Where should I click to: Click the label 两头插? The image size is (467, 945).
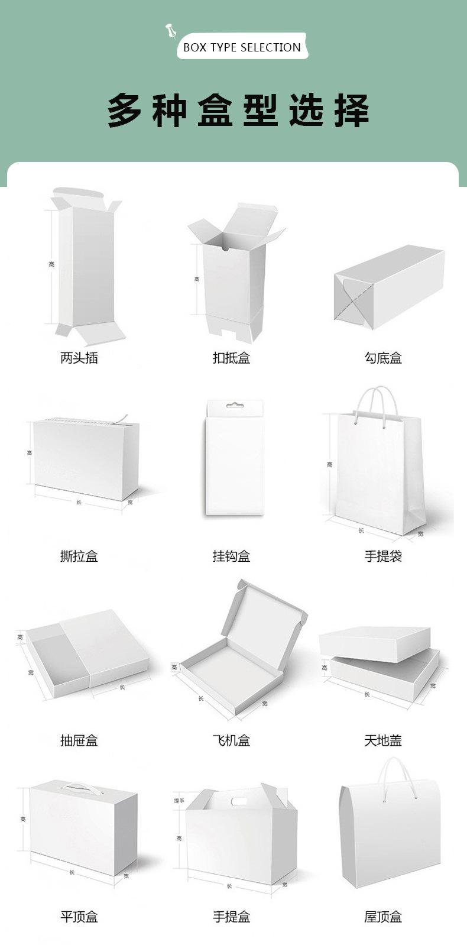(x=79, y=358)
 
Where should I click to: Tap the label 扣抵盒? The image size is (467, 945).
(x=231, y=358)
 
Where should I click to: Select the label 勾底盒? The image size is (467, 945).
(x=383, y=358)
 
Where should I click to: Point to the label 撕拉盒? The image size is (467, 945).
(x=79, y=556)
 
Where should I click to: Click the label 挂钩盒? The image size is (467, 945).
(x=231, y=556)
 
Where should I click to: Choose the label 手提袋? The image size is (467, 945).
(x=383, y=556)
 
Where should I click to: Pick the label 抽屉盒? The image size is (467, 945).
(x=79, y=740)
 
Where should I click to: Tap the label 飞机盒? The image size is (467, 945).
(x=231, y=740)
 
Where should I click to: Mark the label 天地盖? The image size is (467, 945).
(x=383, y=740)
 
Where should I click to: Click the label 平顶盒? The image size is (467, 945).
(x=79, y=917)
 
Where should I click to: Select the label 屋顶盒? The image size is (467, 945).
(x=383, y=917)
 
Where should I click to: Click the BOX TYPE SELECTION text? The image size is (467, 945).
(x=242, y=47)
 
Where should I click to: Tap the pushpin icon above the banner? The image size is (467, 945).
(x=171, y=31)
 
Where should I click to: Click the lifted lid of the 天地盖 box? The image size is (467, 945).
(x=374, y=643)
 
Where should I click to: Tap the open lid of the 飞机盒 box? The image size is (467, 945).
(x=264, y=615)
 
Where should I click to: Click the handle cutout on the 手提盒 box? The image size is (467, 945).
(x=238, y=802)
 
